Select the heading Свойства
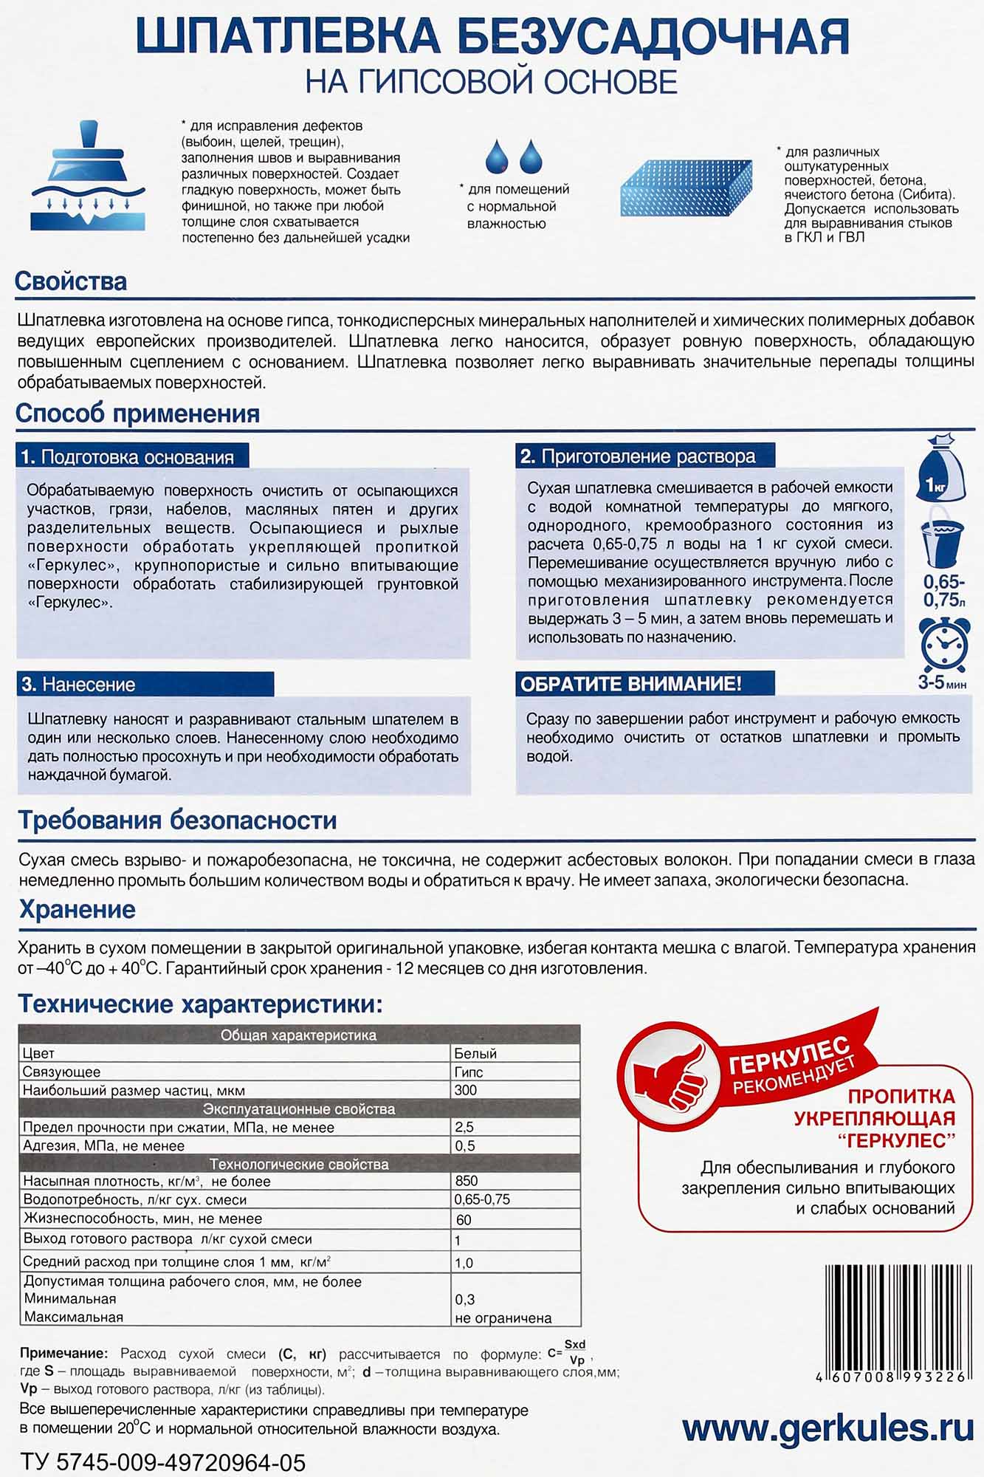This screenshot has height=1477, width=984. pos(71,281)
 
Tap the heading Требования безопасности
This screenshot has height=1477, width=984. pos(177,820)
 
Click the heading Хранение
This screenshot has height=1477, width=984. pos(77,909)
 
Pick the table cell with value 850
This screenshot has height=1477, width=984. pos(467,1181)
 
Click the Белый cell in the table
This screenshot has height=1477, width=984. pos(475,1053)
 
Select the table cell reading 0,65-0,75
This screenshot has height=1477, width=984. pos(482,1199)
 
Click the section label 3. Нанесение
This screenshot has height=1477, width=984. pos(79,685)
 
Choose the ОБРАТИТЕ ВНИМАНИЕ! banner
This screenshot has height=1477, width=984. pos(631,684)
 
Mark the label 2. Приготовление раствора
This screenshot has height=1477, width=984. pos(638,456)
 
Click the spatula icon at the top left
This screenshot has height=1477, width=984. pos(82,176)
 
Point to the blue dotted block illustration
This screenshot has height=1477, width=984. pos(687,188)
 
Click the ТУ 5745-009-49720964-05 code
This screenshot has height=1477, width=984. pos(162,1462)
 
